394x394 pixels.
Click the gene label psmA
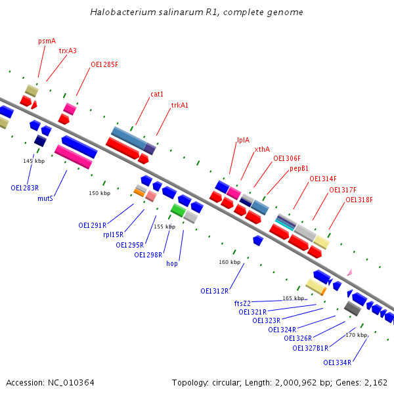pyautogui.click(x=47, y=41)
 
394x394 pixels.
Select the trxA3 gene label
pyautogui.click(x=68, y=51)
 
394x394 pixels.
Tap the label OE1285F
pyautogui.click(x=104, y=64)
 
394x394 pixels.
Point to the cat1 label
pyautogui.click(x=157, y=94)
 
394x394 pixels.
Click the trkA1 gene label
pyautogui.click(x=179, y=105)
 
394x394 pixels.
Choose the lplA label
pyautogui.click(x=243, y=140)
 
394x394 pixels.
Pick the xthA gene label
pyautogui.click(x=262, y=149)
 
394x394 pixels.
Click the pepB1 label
pyautogui.click(x=299, y=168)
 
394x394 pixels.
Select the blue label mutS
pyautogui.click(x=45, y=198)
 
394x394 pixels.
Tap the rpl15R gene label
pyautogui.click(x=113, y=234)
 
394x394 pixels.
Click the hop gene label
pyautogui.click(x=172, y=263)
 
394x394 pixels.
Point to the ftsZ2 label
pyautogui.click(x=242, y=303)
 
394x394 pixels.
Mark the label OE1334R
pyautogui.click(x=337, y=362)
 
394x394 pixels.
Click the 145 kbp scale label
pyautogui.click(x=33, y=161)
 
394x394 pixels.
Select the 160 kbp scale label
pyautogui.click(x=229, y=262)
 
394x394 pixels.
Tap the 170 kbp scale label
pyautogui.click(x=357, y=335)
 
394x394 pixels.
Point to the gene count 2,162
pyautogui.click(x=375, y=382)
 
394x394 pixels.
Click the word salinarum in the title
pyautogui.click(x=165, y=12)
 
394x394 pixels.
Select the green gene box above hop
pyautogui.click(x=177, y=209)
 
